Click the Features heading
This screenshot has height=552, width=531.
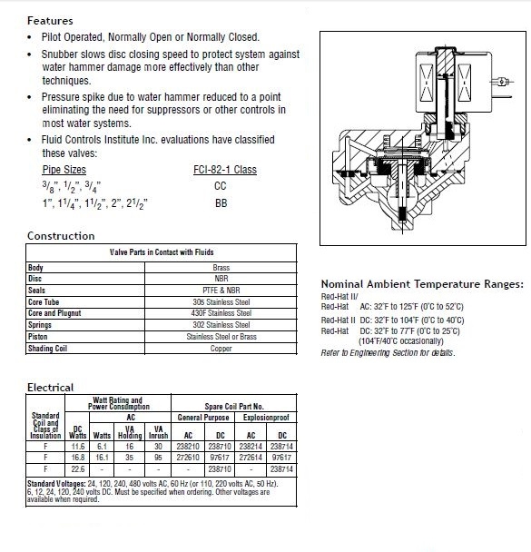pos(50,21)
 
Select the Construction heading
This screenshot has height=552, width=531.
pos(61,236)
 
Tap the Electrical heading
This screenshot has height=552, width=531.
pos(50,388)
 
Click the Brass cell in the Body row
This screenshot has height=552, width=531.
pos(221,268)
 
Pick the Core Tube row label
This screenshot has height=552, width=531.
pos(44,302)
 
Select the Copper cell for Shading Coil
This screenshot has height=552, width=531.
pos(221,348)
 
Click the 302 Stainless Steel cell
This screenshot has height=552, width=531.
pos(221,325)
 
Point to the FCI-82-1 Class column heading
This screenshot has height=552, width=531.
pos(225,170)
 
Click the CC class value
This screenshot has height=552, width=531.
pos(221,186)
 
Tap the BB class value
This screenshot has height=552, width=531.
pos(221,203)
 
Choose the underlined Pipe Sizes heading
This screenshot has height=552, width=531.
pos(64,170)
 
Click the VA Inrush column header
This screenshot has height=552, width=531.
pos(158,432)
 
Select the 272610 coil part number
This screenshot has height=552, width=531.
pos(188,458)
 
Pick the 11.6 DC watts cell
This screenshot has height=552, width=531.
pos(78,447)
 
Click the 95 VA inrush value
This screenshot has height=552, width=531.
pos(158,458)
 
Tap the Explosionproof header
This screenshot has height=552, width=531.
pos(266,418)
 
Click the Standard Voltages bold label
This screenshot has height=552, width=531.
pos(56,484)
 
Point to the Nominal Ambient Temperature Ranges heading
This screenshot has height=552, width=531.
pos(422,284)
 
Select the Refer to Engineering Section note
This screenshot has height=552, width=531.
pos(388,353)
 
